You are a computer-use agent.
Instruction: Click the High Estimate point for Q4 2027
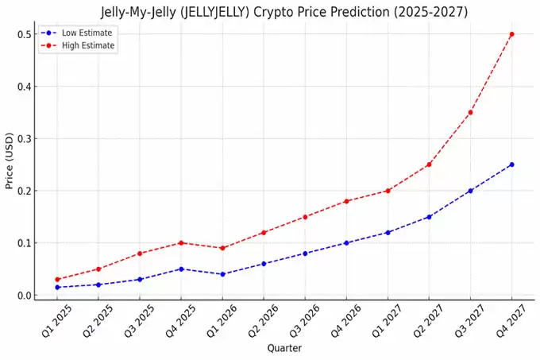[511, 34]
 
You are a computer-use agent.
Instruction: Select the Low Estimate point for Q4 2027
[511, 165]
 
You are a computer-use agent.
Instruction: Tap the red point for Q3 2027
[470, 112]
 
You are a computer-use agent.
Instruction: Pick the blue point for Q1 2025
[57, 287]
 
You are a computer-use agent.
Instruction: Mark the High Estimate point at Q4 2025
[181, 242]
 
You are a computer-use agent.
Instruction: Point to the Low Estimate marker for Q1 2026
[222, 274]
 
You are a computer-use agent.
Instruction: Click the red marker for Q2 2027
[429, 165]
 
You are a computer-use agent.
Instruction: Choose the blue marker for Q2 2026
[264, 264]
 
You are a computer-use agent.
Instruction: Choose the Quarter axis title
[283, 348]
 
